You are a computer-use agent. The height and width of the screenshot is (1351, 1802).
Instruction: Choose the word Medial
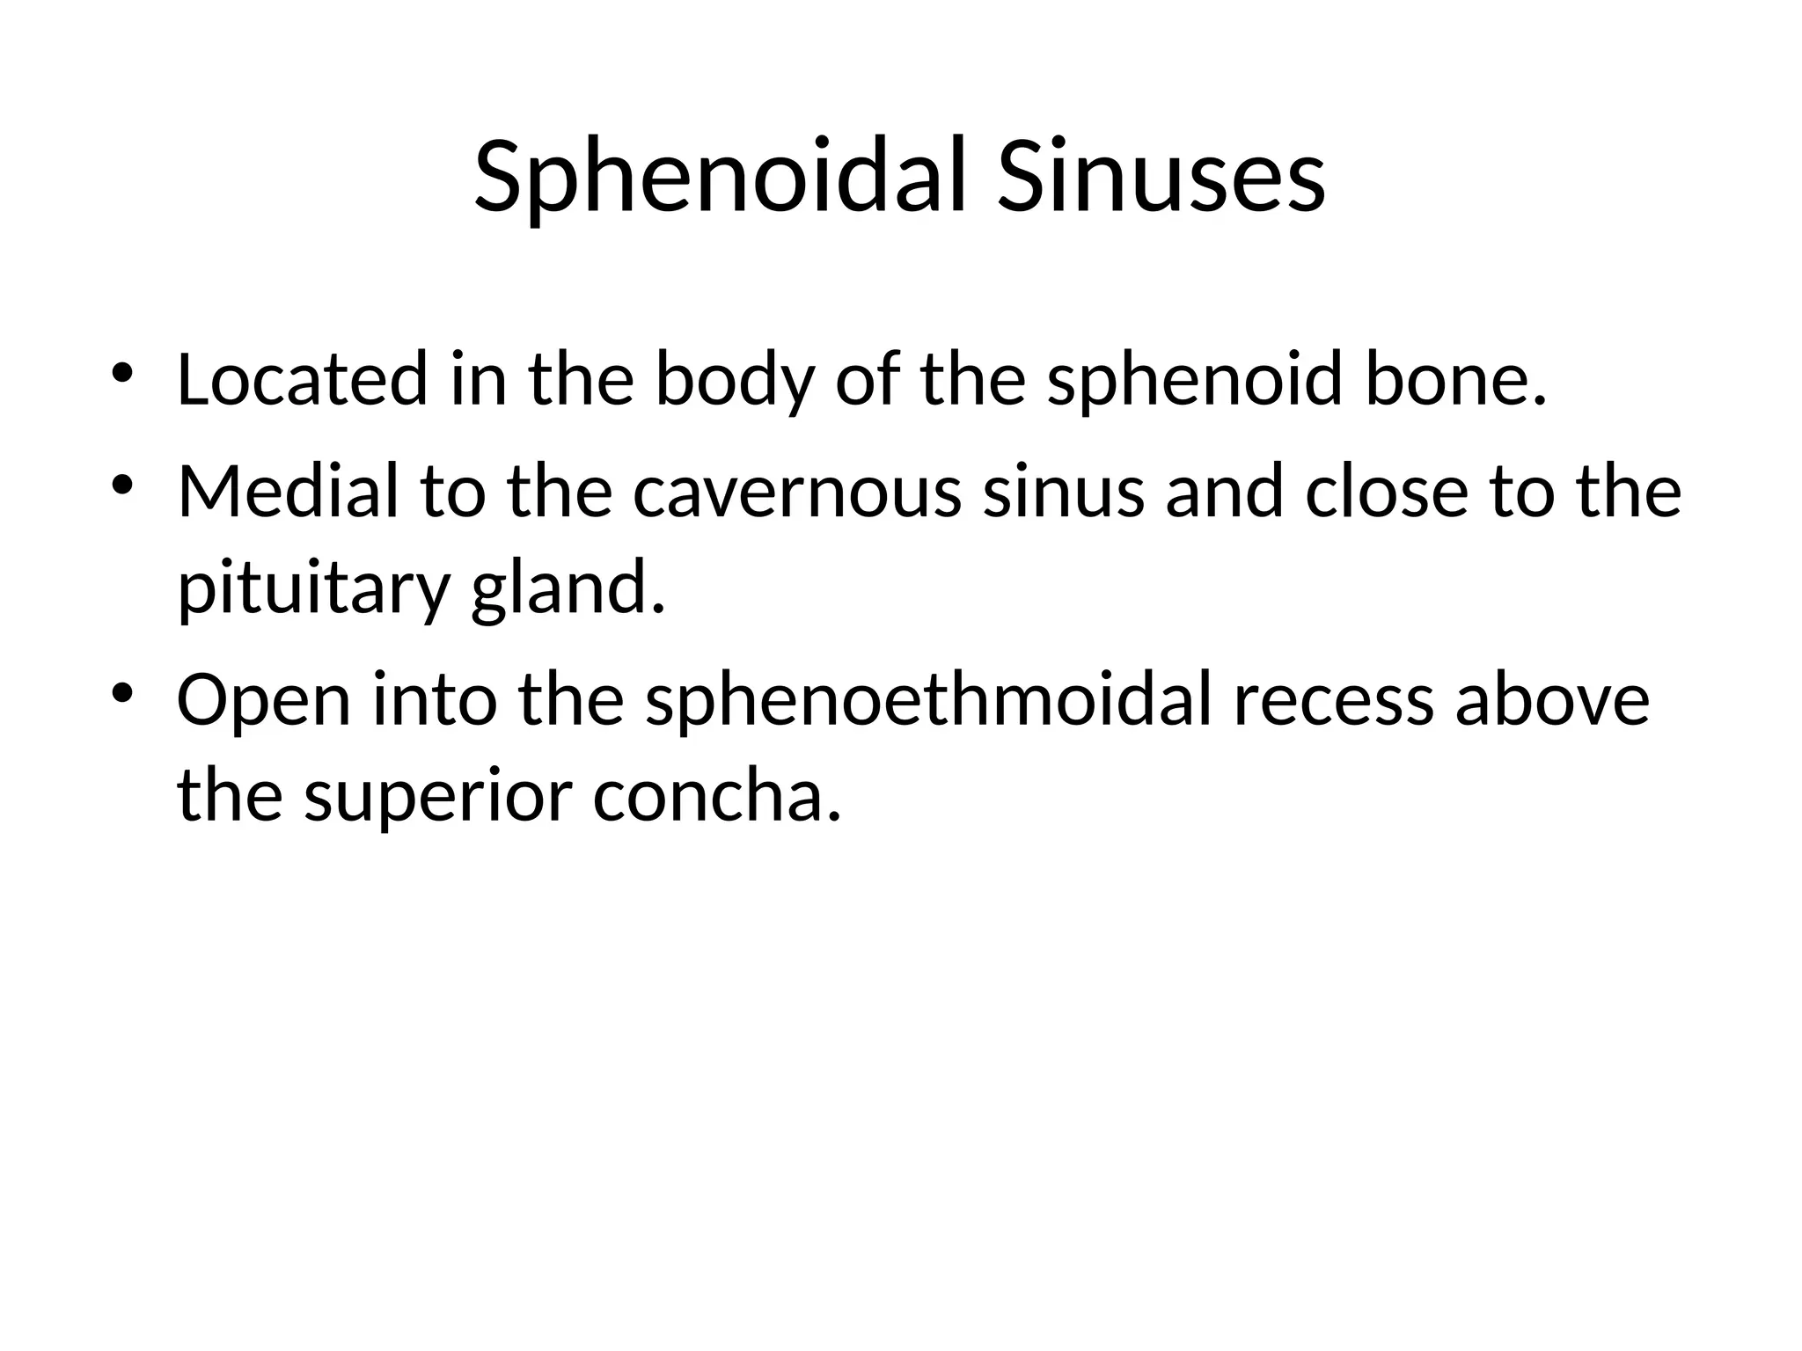point(288,490)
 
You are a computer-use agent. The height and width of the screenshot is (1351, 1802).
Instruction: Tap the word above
point(1552,700)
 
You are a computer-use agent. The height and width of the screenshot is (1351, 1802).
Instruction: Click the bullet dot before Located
point(122,374)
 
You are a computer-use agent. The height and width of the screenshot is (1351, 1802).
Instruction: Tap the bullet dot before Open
point(122,694)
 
